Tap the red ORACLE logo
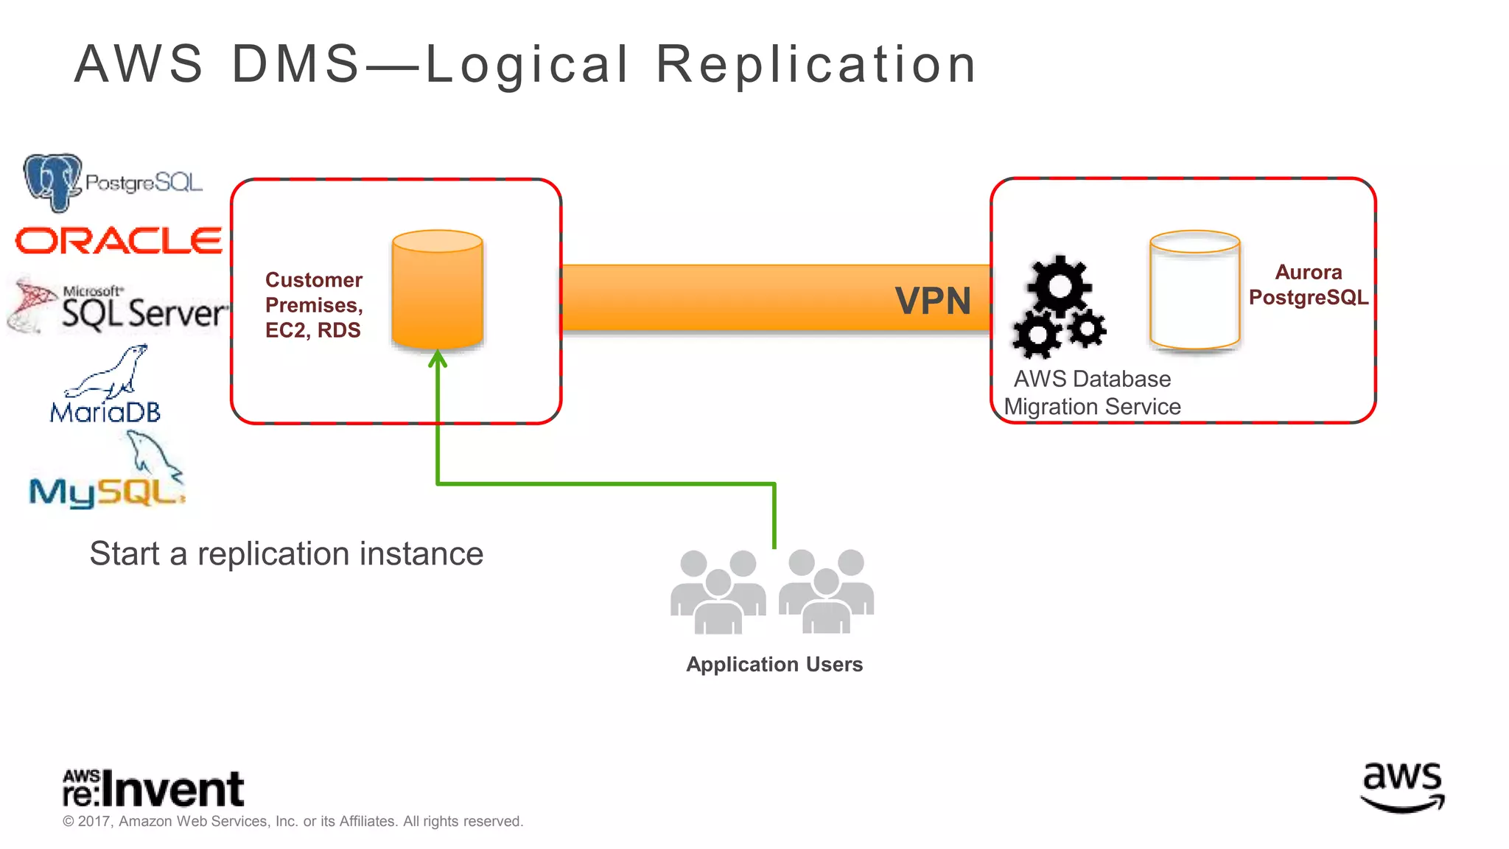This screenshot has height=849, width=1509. coord(119,241)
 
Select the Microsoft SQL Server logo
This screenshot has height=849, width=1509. coord(118,307)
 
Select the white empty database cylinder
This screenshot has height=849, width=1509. coord(1194,290)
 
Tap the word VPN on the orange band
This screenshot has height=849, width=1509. coord(933,301)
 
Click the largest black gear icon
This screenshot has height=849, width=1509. coord(1059,286)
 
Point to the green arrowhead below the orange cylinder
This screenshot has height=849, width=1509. coord(438,359)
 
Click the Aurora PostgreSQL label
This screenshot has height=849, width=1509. coord(1308,284)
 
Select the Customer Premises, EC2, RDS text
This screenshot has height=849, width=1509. coord(314,304)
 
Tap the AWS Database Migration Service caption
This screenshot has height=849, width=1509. coord(1092,392)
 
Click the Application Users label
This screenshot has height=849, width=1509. coord(774,664)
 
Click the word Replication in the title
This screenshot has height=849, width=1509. coord(816,64)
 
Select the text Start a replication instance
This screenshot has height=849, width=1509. coord(286,553)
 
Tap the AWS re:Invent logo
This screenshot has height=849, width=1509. coord(153,789)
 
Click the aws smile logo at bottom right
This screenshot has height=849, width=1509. coord(1402,787)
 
